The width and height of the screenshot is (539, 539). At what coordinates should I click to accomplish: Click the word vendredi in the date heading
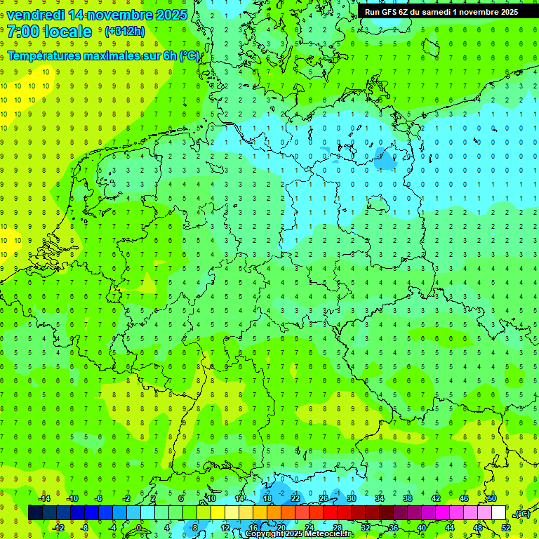click(34, 15)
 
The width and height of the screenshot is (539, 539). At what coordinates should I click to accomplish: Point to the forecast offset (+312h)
click(124, 32)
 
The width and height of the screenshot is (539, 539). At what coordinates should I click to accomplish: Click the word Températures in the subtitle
click(44, 55)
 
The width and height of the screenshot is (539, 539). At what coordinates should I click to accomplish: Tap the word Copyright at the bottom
click(264, 534)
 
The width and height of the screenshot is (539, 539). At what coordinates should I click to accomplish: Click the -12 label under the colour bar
click(58, 528)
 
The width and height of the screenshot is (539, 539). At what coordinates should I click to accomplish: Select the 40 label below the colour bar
click(421, 528)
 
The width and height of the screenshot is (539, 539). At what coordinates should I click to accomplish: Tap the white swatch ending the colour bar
click(498, 512)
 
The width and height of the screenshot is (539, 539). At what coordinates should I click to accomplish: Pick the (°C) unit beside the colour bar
click(522, 514)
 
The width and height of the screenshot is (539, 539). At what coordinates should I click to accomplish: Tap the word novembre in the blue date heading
click(121, 15)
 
